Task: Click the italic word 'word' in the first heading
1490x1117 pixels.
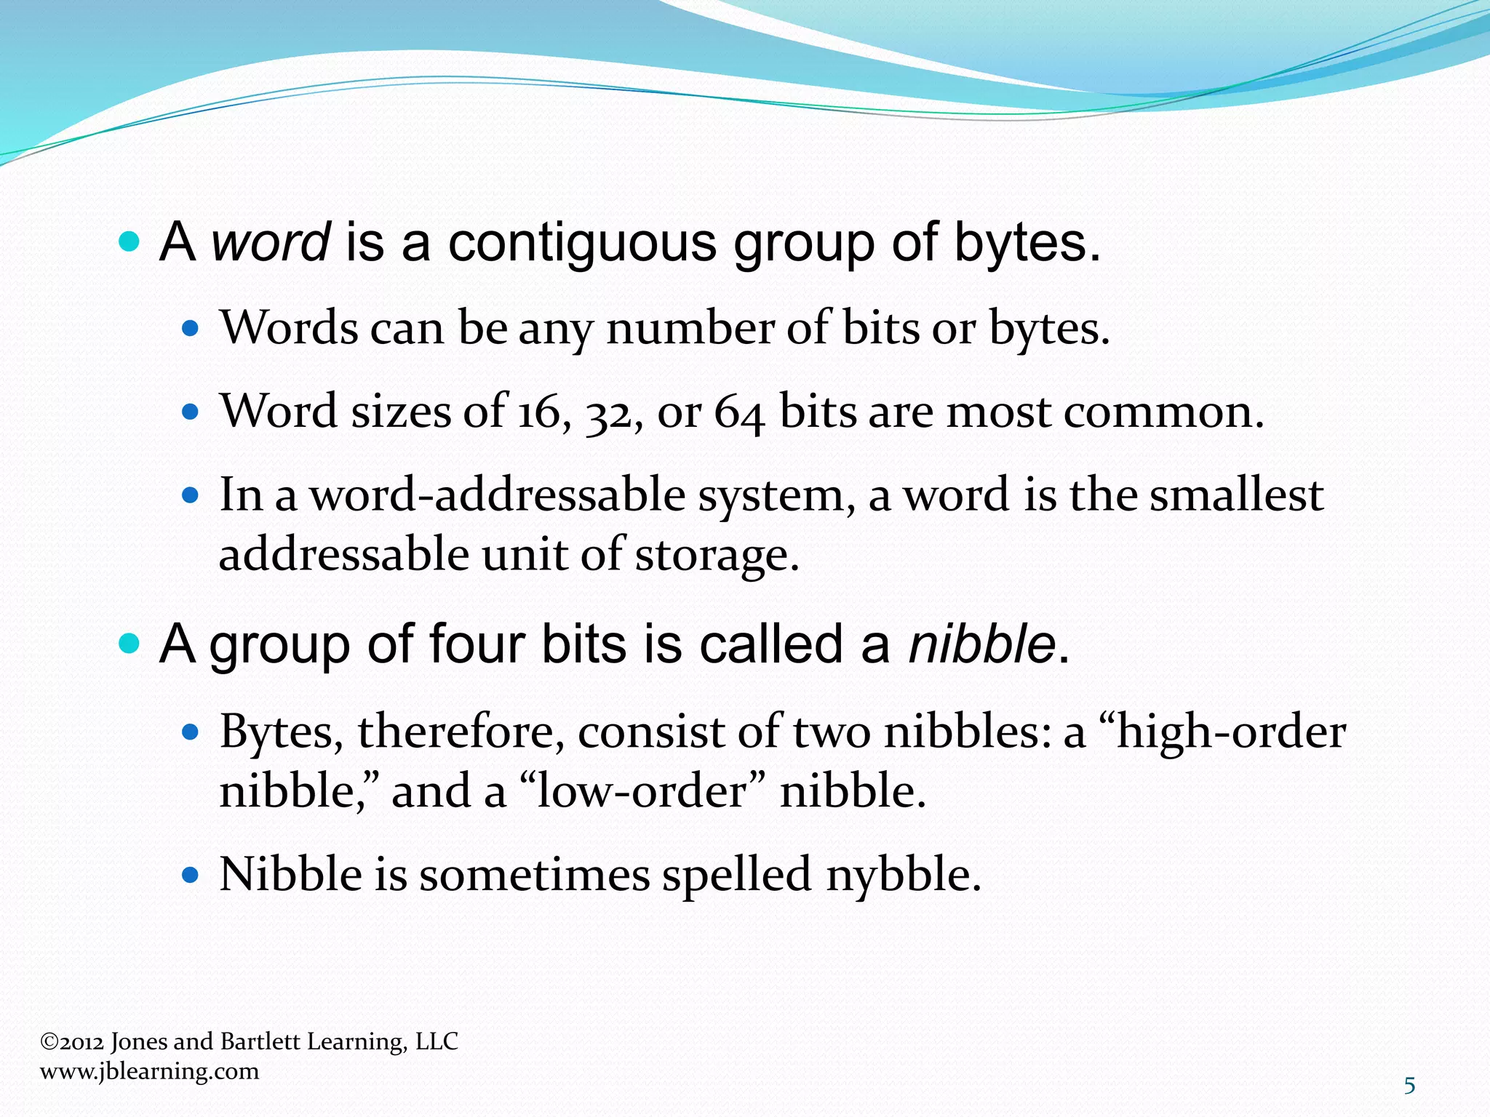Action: coord(271,243)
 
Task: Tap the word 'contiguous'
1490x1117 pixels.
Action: coord(582,243)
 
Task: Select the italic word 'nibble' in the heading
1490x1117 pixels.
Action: coord(981,644)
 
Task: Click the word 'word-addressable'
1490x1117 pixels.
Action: coord(498,495)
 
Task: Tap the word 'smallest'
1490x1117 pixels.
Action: coord(1236,495)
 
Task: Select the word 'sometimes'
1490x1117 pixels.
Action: coord(534,874)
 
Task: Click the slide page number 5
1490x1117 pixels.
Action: coord(1409,1086)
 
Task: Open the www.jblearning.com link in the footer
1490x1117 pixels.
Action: coord(149,1071)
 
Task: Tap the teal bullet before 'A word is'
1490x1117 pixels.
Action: coord(128,242)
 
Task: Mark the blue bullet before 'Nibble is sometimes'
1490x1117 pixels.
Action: coord(190,874)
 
